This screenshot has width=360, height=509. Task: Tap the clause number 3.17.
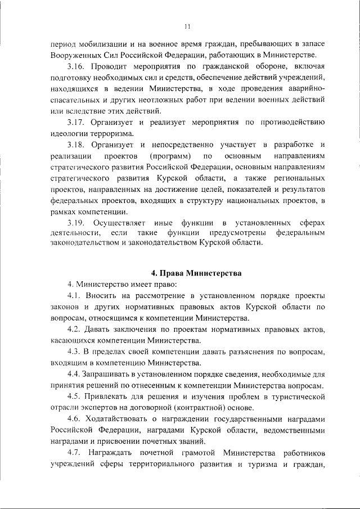(x=76, y=122)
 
